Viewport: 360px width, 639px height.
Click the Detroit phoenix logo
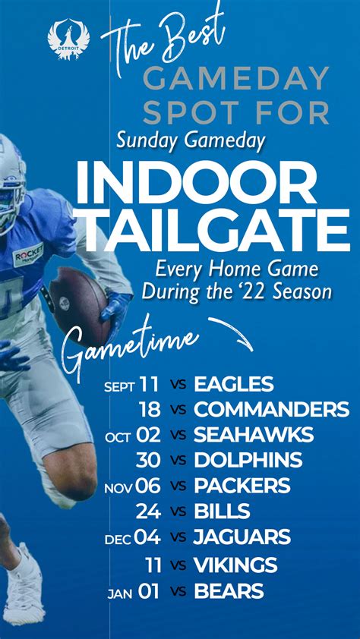point(68,39)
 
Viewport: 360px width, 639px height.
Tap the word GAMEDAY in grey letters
point(237,78)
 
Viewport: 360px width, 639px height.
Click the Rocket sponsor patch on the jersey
point(28,256)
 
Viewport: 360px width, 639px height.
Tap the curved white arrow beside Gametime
point(231,332)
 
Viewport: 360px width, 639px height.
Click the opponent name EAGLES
point(234,384)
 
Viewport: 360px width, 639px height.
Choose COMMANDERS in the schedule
point(272,409)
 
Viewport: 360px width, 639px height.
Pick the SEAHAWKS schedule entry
point(254,435)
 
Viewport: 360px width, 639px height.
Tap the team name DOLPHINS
point(248,460)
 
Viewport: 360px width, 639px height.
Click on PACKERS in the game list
point(242,486)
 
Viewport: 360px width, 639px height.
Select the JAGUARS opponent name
point(242,537)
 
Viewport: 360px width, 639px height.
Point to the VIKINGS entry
point(235,565)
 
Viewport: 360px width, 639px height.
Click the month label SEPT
point(119,386)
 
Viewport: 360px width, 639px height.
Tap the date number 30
point(148,460)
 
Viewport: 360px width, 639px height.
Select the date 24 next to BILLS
point(148,511)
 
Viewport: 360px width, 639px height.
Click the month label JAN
point(121,593)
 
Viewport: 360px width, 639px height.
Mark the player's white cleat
point(24,587)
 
